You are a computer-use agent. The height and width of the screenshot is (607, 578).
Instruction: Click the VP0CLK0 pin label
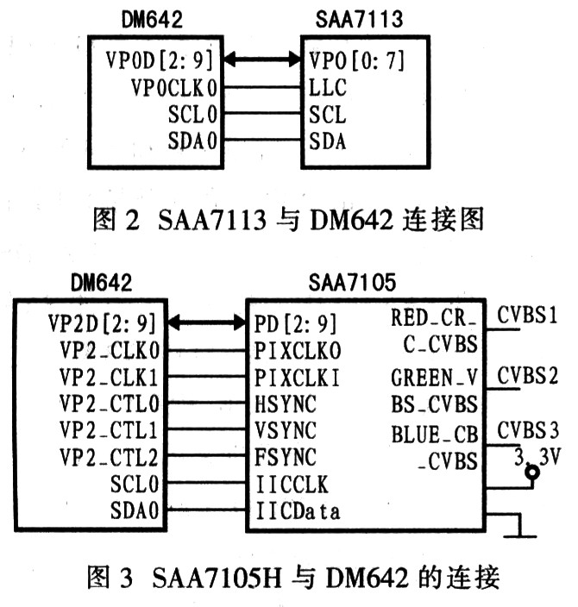174,88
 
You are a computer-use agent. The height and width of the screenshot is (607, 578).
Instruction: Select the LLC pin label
327,88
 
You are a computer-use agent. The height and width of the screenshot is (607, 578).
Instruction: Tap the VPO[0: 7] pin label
356,60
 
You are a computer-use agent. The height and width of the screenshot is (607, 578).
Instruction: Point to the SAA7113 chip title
359,19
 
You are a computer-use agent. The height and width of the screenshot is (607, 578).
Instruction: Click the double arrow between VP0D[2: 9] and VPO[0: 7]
262,60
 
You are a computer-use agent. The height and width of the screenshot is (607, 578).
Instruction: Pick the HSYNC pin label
286,404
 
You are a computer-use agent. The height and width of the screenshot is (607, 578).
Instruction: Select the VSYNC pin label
286,430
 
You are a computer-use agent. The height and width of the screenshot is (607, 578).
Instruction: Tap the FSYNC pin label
286,457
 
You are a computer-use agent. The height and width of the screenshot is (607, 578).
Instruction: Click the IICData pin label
298,511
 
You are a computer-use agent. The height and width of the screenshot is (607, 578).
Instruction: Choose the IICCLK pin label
292,485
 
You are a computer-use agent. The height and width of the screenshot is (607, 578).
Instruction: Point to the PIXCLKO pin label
298,351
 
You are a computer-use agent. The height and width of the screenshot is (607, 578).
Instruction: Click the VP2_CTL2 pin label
109,458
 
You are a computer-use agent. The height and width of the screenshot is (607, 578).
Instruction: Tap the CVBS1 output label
527,315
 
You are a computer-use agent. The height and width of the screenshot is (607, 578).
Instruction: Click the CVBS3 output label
528,430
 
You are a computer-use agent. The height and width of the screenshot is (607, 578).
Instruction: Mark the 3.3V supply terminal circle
532,472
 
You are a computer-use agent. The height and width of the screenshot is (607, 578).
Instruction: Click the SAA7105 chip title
352,282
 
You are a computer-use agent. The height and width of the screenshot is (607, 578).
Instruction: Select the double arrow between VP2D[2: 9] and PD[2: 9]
207,322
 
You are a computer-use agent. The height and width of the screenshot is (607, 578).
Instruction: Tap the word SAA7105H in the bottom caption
217,578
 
